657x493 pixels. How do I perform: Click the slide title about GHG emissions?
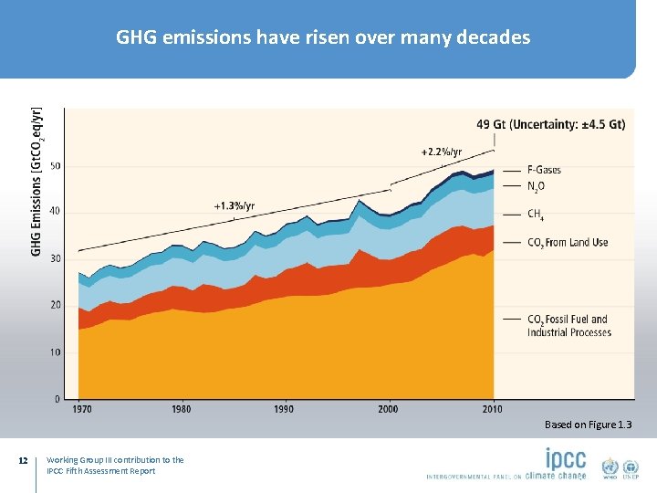[323, 37]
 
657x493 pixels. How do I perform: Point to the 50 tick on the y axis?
[57, 165]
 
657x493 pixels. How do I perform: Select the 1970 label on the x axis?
[82, 409]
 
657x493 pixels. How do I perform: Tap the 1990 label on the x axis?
[285, 409]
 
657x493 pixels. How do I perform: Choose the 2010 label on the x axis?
[494, 409]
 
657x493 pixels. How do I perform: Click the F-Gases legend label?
[544, 170]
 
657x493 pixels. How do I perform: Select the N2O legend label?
[537, 186]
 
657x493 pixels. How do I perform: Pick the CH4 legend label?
[537, 215]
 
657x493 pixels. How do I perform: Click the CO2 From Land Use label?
[568, 243]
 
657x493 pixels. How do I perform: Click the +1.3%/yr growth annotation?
[235, 205]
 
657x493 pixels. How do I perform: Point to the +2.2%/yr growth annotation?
[442, 152]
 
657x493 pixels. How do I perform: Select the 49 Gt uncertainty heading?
[550, 124]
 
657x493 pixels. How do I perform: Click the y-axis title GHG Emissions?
[36, 183]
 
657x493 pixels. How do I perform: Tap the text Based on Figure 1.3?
[588, 425]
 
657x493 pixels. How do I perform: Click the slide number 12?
[24, 460]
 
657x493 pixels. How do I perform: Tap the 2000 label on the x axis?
[389, 409]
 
